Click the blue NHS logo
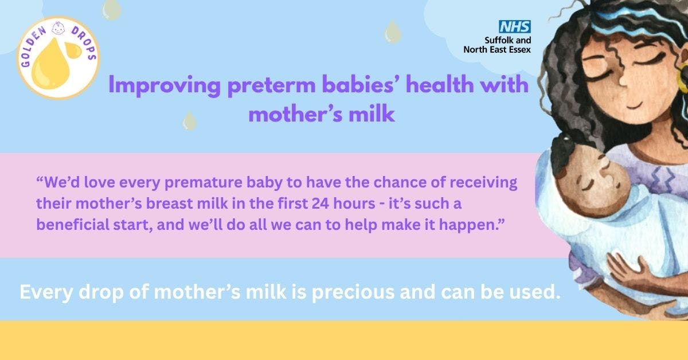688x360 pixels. [514, 27]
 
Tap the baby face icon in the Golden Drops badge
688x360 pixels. [58, 28]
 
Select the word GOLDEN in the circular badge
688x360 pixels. [32, 45]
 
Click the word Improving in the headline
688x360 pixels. [165, 85]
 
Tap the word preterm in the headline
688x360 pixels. [272, 85]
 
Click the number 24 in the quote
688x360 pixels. [320, 204]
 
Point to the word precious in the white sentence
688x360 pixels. [353, 292]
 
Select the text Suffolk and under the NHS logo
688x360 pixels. [508, 40]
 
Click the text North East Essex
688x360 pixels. [497, 49]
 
